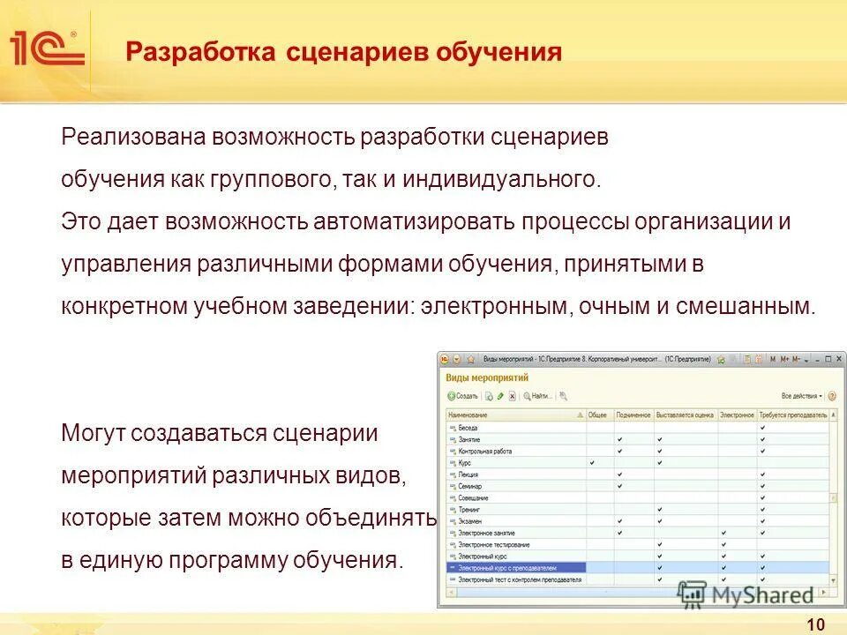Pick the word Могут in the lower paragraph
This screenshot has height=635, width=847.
[94, 433]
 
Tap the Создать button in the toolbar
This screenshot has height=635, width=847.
[463, 396]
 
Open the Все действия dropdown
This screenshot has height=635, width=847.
[802, 396]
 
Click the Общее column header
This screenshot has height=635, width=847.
[598, 415]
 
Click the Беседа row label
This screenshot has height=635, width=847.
[468, 428]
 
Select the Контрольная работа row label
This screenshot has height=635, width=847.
[484, 451]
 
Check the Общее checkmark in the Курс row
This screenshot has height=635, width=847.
[592, 462]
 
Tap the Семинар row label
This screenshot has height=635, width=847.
[471, 486]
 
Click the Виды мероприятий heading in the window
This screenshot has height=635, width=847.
[487, 377]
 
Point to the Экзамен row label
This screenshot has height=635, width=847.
[470, 521]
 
